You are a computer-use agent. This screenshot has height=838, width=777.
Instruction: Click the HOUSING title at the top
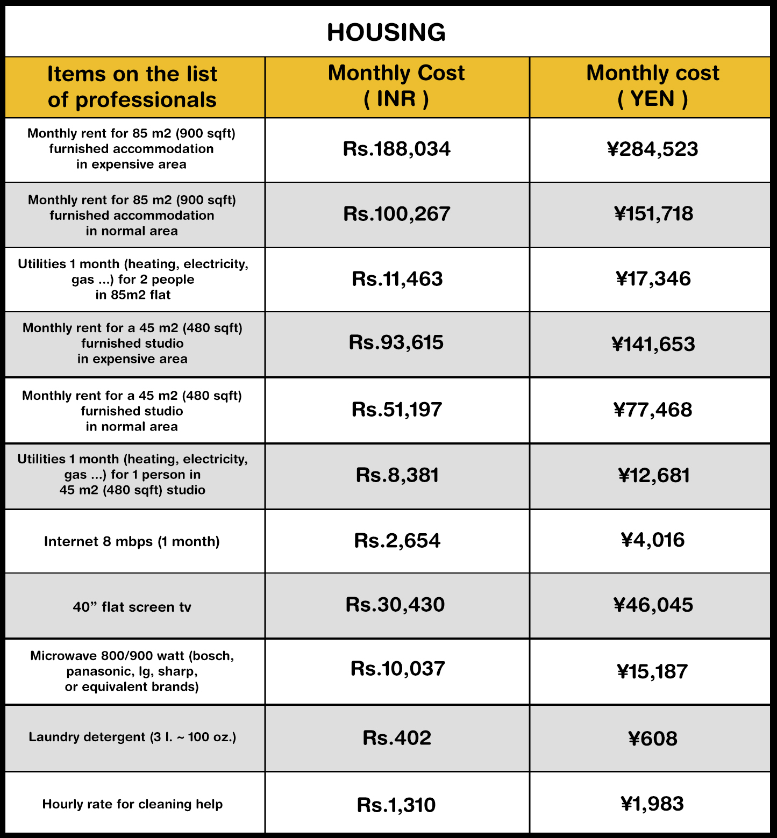(386, 32)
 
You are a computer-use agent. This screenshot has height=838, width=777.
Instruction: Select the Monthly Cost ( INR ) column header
(396, 86)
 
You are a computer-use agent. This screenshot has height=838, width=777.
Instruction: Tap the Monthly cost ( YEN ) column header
(652, 86)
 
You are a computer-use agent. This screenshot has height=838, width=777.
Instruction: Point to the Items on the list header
(132, 87)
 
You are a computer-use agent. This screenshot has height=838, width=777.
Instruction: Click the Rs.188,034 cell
(397, 149)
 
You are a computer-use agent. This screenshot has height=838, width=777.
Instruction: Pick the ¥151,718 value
(653, 214)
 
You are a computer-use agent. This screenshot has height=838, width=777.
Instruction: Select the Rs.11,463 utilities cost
(397, 279)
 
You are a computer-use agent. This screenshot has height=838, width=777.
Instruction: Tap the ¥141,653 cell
(653, 344)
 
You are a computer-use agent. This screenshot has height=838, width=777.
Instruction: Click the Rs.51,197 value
(397, 410)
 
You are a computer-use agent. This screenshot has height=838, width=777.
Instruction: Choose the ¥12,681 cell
(653, 475)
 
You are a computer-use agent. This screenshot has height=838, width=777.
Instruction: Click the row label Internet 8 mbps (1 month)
(132, 541)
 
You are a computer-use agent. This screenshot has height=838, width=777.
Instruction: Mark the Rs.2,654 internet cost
(397, 541)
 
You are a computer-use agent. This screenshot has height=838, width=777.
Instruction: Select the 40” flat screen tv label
(132, 607)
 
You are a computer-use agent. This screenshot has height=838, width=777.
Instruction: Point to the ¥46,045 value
(653, 605)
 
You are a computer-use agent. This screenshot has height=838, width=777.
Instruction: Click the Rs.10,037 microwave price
(397, 669)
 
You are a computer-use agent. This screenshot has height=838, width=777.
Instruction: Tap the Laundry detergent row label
(132, 737)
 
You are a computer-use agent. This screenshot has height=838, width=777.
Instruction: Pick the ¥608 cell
(653, 739)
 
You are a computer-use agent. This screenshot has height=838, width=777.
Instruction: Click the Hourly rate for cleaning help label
(132, 804)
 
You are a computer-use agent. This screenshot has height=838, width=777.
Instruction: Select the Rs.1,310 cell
(396, 805)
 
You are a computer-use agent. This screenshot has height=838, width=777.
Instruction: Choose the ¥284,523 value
(652, 149)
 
